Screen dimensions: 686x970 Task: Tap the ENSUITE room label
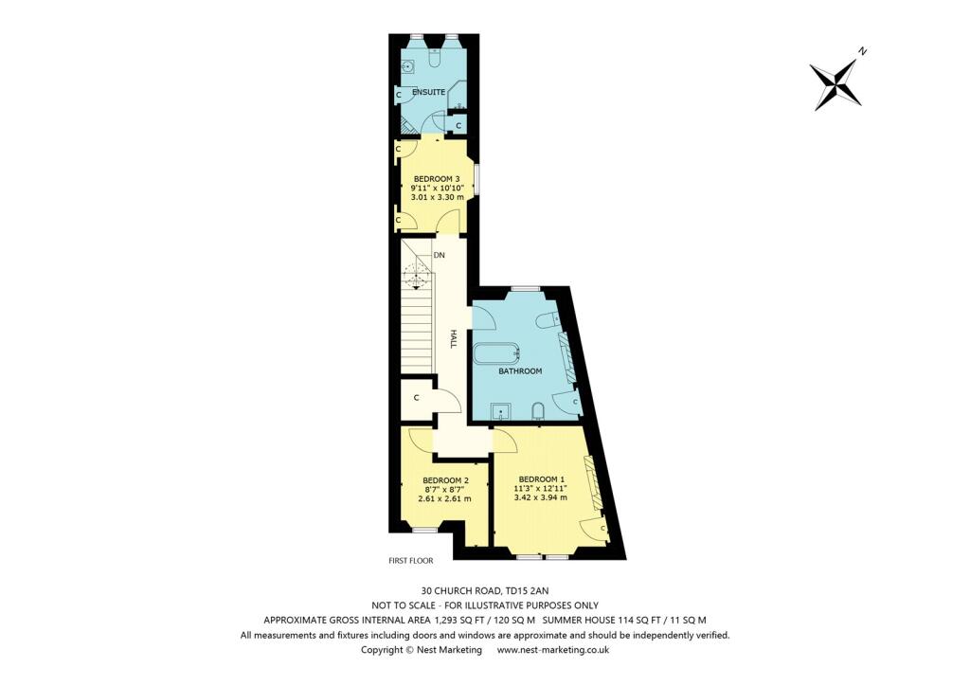[x=430, y=91]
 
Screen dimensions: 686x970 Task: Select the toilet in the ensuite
[x=435, y=59]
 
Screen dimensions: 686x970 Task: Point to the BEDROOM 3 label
[x=437, y=178]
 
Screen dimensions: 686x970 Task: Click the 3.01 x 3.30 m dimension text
[x=437, y=197]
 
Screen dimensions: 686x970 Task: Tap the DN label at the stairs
[x=439, y=256]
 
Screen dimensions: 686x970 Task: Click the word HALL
[x=454, y=339]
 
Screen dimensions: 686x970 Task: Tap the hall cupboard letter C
[x=416, y=397]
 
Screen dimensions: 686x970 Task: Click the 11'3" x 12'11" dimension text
[x=541, y=488]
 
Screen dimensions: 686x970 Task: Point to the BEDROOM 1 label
[x=541, y=478]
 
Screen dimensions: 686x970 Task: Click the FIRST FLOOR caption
[x=410, y=560]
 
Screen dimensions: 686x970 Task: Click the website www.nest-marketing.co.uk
[x=552, y=650]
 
